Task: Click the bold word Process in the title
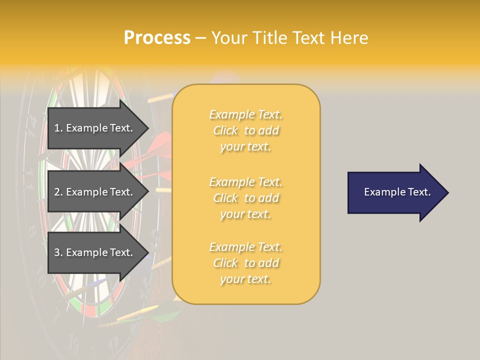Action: pos(157,38)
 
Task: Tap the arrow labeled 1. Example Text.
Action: pos(95,128)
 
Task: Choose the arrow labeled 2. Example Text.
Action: pos(95,192)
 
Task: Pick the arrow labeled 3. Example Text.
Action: pos(95,252)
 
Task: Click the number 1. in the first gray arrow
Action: pos(58,128)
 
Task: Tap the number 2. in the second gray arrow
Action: pos(58,192)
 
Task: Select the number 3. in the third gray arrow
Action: pos(58,252)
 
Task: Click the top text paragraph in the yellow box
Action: pos(245,130)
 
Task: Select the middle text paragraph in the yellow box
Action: pos(245,198)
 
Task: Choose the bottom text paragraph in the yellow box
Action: pos(245,263)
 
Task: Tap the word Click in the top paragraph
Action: pos(225,130)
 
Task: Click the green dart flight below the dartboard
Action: pos(167,316)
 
